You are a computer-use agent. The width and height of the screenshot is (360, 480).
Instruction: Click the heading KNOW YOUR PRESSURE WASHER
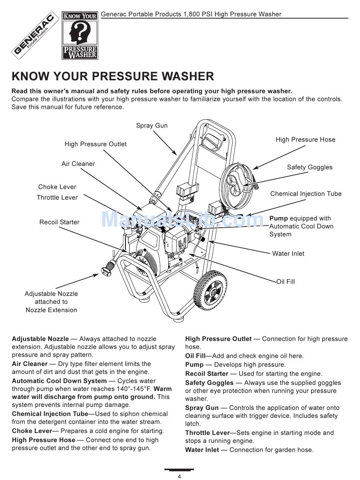point(113,76)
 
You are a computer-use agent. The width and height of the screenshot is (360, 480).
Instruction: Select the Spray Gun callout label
point(152,125)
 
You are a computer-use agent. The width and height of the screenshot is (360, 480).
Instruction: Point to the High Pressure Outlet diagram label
point(95,144)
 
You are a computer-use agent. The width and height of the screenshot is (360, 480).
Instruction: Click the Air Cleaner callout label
point(78,164)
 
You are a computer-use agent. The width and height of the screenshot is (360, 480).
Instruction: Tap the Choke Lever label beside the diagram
point(57,187)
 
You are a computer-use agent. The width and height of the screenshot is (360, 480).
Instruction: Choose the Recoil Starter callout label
point(59,222)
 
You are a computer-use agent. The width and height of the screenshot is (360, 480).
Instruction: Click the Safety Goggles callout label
point(310,167)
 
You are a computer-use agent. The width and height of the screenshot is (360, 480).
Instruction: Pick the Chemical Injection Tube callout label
point(306,194)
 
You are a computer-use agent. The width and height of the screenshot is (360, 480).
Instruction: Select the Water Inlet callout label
point(288,253)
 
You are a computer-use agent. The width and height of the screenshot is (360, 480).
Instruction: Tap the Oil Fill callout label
point(286,281)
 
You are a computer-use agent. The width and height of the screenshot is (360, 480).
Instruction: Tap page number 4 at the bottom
point(179,476)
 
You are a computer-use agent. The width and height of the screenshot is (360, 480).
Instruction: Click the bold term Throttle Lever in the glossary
point(207,433)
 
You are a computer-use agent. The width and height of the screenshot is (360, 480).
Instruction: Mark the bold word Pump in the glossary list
point(194,364)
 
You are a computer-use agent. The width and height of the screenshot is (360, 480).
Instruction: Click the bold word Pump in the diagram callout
point(279,218)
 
